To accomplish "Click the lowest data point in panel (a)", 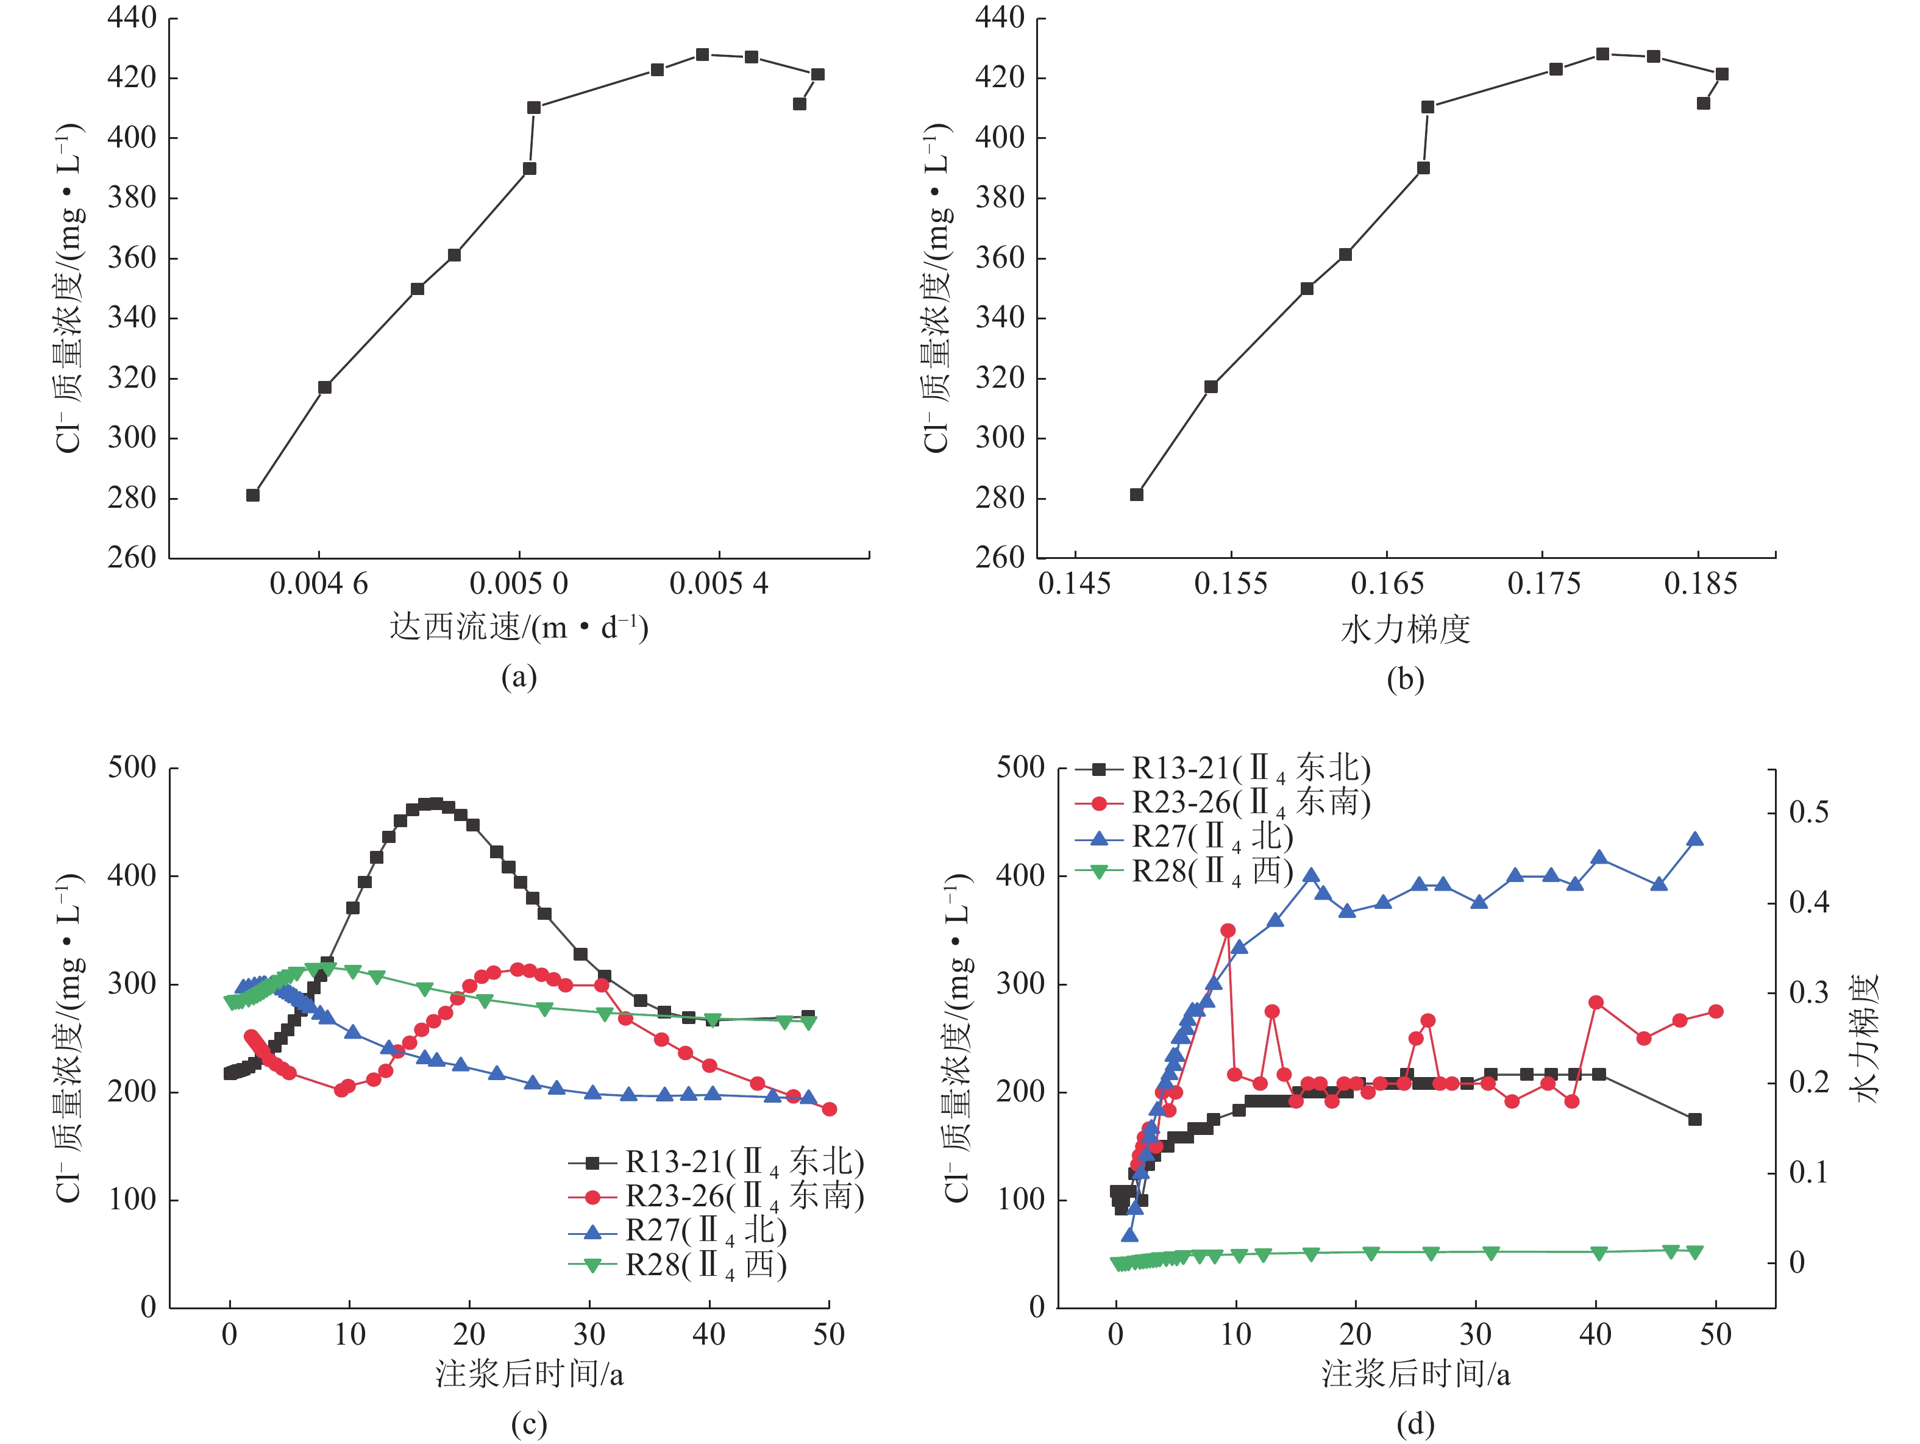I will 252,494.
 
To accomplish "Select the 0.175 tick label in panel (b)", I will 1543,583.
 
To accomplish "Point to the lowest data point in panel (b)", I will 1136,494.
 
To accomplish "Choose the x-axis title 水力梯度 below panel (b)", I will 1406,629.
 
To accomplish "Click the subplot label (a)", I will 519,676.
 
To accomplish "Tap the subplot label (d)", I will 1415,1423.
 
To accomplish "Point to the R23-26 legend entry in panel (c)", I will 716,1197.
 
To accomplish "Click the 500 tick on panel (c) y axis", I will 132,768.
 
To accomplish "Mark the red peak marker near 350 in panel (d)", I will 1228,930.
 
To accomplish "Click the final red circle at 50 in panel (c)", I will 829,1109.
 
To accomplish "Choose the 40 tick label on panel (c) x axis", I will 708,1334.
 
